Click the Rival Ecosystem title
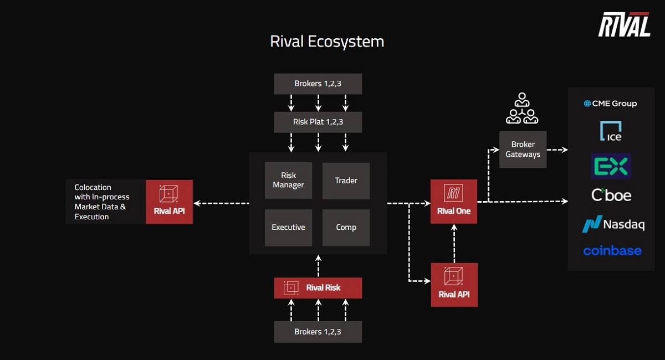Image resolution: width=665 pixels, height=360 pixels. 327,42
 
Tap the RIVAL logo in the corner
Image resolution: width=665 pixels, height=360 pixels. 624,25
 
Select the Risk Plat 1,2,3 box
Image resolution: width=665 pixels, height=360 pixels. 318,122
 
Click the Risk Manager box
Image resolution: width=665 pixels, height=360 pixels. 288,181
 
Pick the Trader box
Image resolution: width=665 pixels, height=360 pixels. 346,181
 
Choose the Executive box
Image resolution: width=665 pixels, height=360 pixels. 288,227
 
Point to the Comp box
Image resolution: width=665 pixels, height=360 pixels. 346,227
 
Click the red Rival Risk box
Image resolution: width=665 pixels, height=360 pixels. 318,288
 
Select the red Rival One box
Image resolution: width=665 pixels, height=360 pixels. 453,202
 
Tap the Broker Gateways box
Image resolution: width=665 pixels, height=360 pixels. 523,150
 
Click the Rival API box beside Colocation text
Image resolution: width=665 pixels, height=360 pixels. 169,202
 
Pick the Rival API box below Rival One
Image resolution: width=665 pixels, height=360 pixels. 454,285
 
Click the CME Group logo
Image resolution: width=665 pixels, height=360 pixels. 610,104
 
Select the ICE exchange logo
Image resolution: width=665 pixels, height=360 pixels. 611,131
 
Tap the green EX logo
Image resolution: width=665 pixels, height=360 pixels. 611,166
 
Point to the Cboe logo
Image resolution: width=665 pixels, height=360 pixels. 611,196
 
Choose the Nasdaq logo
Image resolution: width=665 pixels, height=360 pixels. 613,224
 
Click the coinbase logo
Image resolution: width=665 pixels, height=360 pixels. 612,251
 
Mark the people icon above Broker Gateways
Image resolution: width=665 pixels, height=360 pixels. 522,109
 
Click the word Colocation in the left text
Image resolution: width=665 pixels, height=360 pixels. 93,187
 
